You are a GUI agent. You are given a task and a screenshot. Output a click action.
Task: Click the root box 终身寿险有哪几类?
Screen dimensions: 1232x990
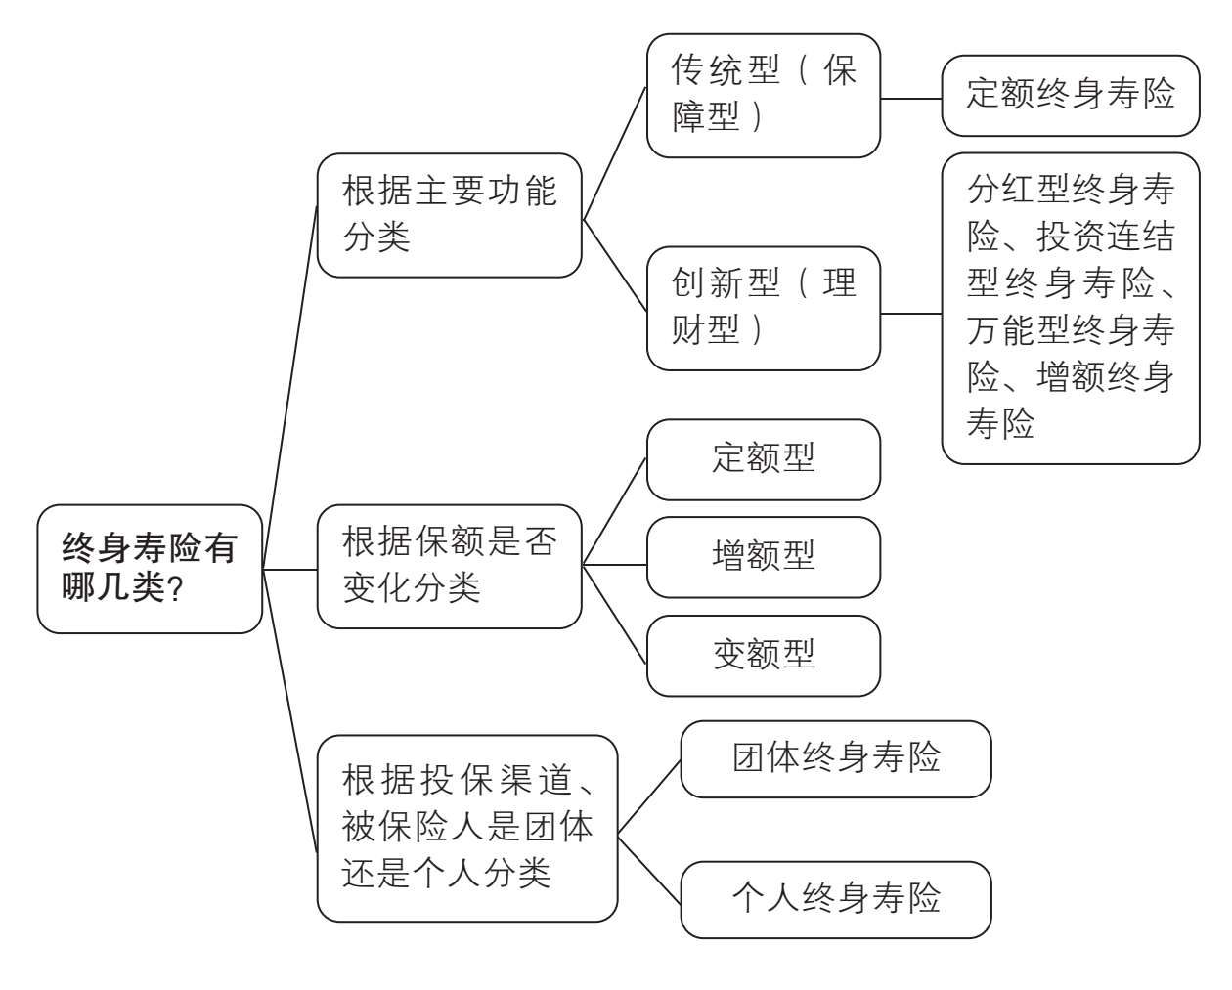(150, 569)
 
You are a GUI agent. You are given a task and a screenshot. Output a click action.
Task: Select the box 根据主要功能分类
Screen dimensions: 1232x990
(450, 215)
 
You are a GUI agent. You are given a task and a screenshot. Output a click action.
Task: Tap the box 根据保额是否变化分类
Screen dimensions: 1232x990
(450, 567)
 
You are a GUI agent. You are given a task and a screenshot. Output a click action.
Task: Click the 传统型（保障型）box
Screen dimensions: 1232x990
(763, 96)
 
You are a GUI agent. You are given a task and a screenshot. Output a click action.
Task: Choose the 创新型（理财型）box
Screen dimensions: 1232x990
(763, 309)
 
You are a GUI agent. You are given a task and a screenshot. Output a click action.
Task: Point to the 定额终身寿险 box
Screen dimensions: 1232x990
(1071, 96)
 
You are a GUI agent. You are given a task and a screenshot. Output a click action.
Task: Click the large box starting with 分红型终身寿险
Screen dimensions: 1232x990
(1071, 308)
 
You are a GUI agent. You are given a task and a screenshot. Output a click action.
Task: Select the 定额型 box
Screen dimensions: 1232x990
(763, 459)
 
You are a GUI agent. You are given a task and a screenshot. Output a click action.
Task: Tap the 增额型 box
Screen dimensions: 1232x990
(763, 557)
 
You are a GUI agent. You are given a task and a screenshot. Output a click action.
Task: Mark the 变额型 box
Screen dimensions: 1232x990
(763, 656)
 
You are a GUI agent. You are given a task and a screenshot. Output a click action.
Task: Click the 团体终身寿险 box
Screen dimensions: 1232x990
(836, 758)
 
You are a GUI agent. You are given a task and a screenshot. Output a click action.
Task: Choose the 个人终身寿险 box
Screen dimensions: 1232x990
(836, 899)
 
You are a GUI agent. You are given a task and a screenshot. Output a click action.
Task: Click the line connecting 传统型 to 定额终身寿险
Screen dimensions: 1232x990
(911, 99)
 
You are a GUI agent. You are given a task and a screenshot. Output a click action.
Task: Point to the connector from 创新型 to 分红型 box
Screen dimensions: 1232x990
(911, 314)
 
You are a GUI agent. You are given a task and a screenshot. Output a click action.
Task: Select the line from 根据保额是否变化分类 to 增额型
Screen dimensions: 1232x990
(614, 565)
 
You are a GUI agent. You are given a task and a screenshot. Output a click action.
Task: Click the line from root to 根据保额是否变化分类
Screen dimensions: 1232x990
(289, 570)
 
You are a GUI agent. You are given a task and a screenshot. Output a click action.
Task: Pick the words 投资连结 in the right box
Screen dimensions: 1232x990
(1106, 237)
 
